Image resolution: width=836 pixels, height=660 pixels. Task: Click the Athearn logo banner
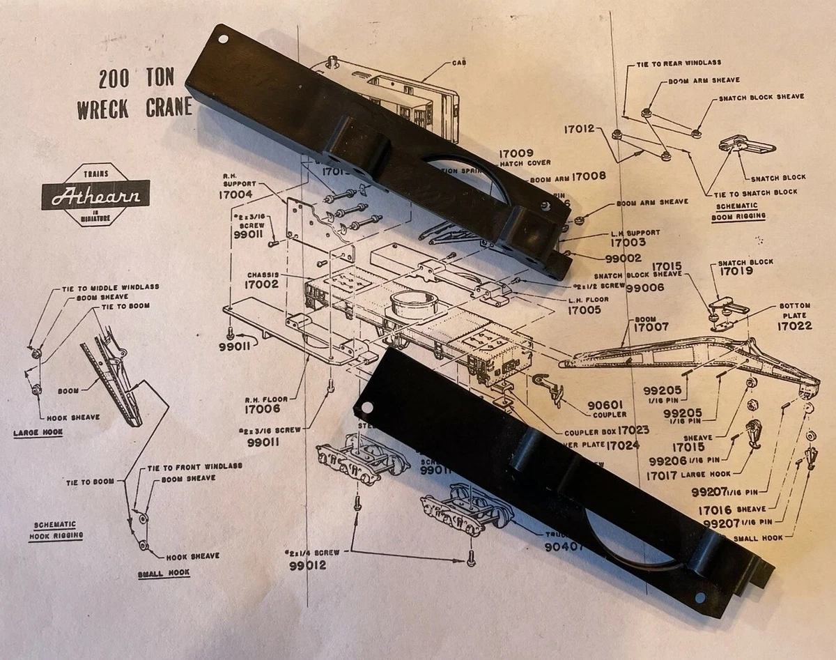click(95, 195)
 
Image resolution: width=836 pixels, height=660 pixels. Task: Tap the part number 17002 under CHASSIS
click(261, 284)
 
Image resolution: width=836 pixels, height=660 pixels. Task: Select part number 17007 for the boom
click(651, 327)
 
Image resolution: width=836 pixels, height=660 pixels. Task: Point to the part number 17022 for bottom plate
click(795, 325)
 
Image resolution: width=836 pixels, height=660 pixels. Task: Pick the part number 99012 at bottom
click(307, 565)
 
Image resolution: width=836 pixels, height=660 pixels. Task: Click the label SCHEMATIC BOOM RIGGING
click(740, 212)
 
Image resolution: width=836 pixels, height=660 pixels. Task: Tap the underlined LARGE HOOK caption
click(38, 433)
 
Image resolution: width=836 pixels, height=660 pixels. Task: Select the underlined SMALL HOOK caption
click(164, 573)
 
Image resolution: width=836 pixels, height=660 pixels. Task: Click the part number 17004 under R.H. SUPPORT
click(235, 195)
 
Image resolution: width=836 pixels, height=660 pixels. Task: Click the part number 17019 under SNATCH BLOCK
click(736, 272)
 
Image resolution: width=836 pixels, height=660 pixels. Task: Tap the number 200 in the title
click(114, 78)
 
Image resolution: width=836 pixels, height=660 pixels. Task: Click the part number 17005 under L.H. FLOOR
click(585, 311)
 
